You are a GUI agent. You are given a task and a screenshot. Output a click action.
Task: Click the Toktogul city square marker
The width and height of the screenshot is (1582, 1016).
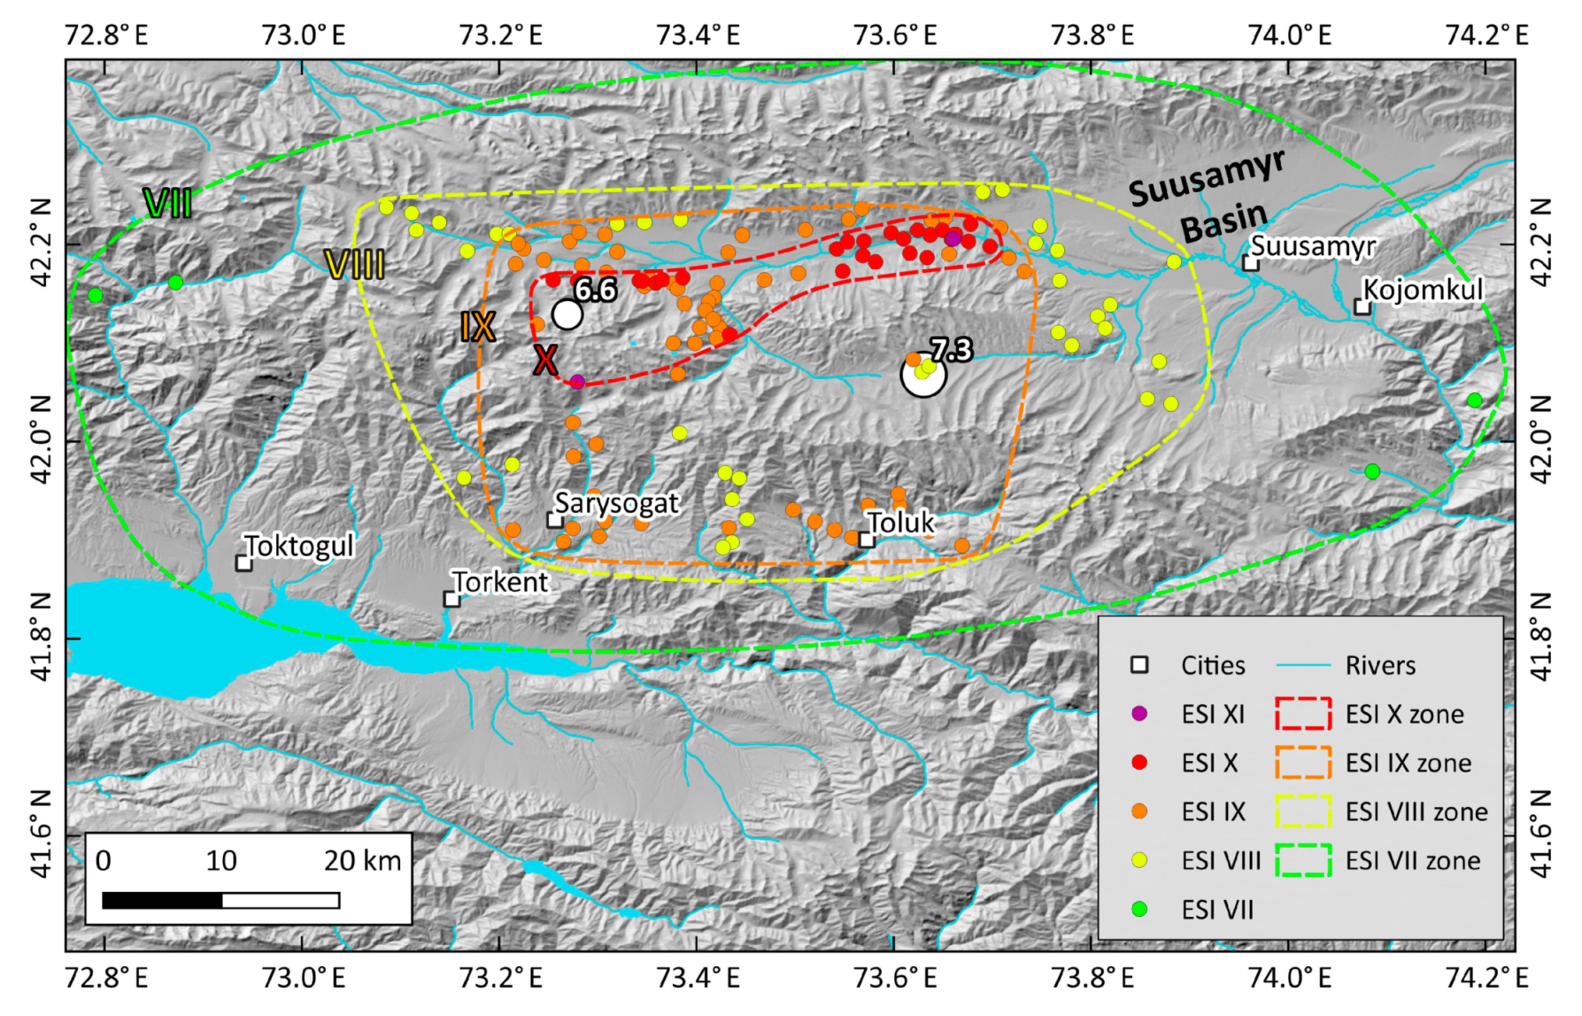coord(244,563)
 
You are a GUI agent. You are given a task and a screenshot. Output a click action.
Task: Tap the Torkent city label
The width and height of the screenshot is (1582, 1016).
coord(500,582)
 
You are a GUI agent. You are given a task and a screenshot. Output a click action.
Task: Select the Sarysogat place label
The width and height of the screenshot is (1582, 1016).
coord(616,503)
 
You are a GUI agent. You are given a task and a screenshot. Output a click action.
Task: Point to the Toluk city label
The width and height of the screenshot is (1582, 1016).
coord(900,523)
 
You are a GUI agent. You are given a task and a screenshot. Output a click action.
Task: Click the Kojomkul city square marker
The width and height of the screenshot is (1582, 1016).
coord(1362,307)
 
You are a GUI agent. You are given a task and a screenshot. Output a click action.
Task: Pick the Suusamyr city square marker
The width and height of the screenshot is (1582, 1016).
coord(1251,263)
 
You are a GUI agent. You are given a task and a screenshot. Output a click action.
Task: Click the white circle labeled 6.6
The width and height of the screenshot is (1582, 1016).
coord(567,314)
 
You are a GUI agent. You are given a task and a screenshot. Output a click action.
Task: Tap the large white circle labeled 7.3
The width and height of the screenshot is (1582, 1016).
coord(923,375)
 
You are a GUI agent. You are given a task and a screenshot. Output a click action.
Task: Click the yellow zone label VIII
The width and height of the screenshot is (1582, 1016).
coord(354,265)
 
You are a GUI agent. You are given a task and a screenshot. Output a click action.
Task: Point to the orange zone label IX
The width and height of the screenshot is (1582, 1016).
coord(477,328)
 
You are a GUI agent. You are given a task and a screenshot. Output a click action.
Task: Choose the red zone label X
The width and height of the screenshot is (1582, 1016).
coord(545,361)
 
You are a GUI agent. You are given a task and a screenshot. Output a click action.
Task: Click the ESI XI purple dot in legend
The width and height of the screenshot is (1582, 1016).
coord(1139,713)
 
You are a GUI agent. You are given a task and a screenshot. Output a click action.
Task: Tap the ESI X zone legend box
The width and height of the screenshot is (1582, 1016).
coord(1303,713)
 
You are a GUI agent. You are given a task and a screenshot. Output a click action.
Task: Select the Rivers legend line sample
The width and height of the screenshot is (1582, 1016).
coord(1303,665)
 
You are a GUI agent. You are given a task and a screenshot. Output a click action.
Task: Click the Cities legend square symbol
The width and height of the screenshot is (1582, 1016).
coord(1139,665)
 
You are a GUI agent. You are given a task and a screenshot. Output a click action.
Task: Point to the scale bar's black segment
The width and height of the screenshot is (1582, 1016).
coord(162,901)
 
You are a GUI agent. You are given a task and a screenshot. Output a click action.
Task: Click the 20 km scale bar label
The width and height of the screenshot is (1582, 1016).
coord(362,861)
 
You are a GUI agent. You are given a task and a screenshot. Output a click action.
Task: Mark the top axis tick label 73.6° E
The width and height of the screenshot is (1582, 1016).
coord(894,35)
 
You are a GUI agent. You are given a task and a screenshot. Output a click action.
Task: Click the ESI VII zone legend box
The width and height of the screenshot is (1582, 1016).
coord(1303,860)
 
